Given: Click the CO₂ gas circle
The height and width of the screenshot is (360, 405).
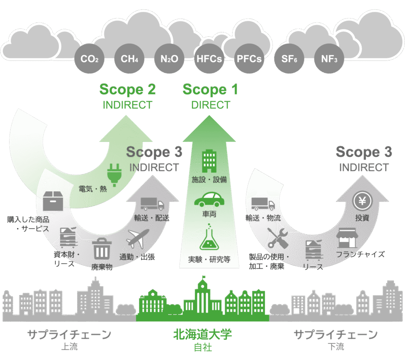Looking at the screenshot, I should (89, 59).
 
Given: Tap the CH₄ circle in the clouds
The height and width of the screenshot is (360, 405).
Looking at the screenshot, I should (129, 59).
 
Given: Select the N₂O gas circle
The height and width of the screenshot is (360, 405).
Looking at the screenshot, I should (169, 59).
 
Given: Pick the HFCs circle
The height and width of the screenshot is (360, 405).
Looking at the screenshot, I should (209, 59).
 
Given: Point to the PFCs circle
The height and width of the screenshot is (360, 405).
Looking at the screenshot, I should (249, 59).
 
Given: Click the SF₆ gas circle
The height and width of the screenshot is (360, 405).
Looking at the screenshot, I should (289, 59).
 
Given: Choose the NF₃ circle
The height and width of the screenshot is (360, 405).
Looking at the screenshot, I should (329, 59).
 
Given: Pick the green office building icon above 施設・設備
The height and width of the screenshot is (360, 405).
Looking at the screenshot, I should (209, 160).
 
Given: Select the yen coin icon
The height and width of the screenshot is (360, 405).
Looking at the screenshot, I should (361, 202).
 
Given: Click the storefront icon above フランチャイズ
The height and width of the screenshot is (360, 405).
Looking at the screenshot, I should (347, 237).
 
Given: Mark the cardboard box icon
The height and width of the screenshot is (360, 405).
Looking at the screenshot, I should (53, 201).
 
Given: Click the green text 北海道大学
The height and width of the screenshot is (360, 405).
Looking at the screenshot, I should (202, 335).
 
